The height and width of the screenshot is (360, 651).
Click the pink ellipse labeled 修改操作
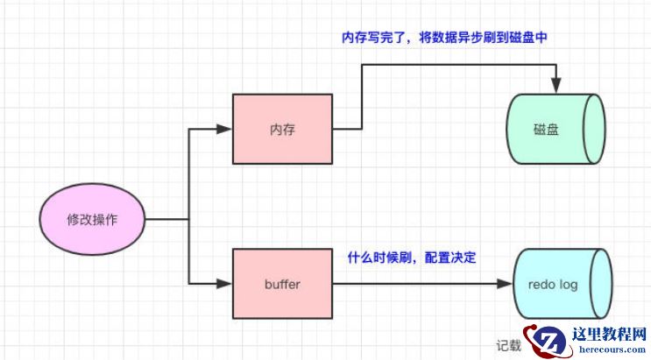[x=92, y=219]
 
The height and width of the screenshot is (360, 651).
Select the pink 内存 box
[x=282, y=129]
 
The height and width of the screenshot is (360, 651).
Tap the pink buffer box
[x=282, y=284]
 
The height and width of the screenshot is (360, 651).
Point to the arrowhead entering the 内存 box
[x=225, y=130]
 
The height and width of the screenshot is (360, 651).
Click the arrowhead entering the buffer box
[x=225, y=284]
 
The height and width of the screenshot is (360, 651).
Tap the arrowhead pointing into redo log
[x=506, y=284]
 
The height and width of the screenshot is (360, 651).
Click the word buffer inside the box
[x=282, y=284]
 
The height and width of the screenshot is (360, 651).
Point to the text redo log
[x=554, y=284]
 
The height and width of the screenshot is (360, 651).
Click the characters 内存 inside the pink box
[x=282, y=129]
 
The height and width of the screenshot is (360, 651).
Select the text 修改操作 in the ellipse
[x=92, y=219]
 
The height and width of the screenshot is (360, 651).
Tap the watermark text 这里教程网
[x=609, y=334]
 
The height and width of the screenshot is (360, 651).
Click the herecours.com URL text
[x=609, y=350]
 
